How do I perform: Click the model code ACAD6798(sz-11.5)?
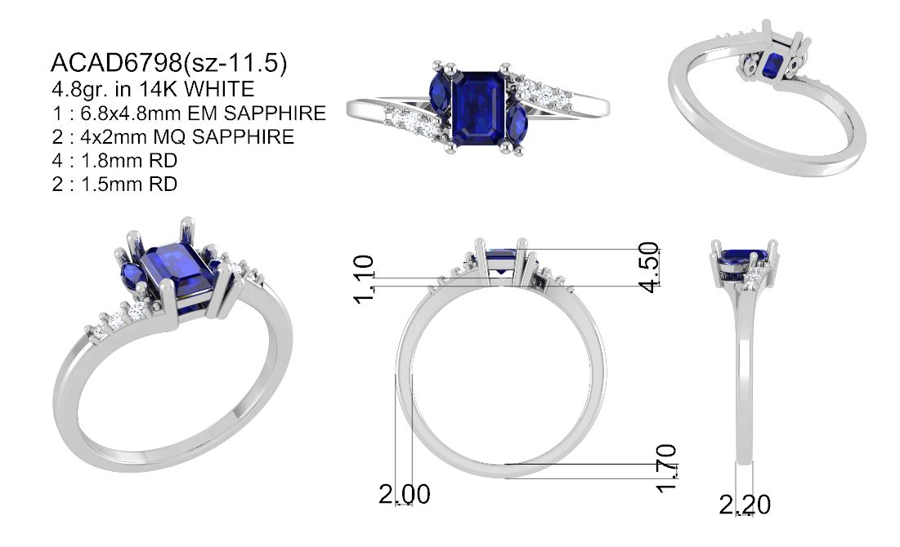(168, 63)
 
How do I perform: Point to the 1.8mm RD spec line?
(114, 161)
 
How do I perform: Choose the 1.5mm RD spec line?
(114, 184)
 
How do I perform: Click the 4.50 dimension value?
(649, 267)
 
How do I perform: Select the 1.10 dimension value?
(364, 279)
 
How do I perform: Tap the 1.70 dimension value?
(666, 468)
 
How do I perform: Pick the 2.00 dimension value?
(405, 494)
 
